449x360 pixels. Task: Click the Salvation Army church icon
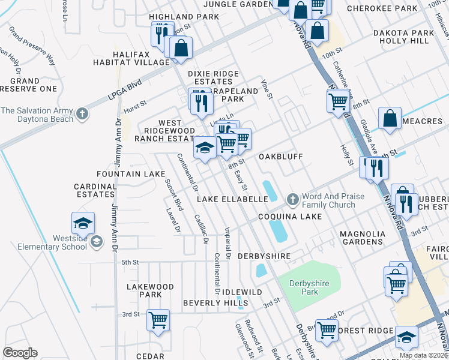83,113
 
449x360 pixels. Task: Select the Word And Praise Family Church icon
292,199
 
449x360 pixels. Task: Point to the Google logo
20,353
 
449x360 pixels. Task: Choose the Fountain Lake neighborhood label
130,174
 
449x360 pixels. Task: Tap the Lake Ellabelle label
231,199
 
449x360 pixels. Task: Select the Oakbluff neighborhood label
280,156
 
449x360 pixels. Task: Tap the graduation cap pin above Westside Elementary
83,223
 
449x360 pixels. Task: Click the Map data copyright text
423,355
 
